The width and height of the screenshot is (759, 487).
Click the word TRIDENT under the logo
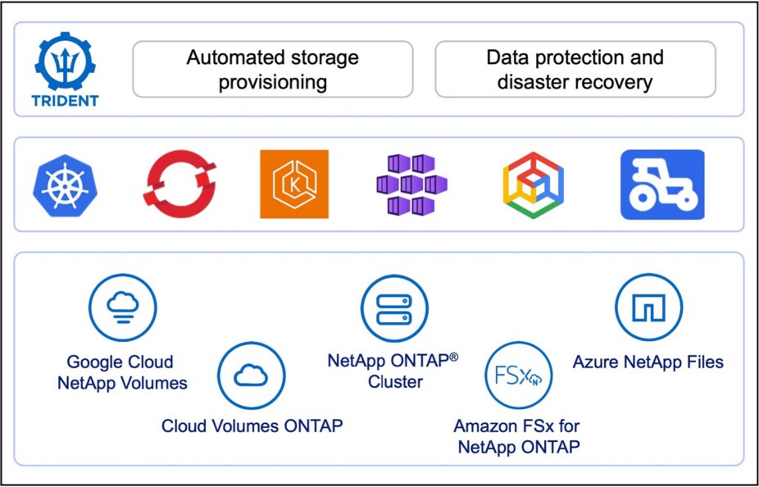point(66,101)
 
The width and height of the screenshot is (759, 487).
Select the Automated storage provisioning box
point(272,70)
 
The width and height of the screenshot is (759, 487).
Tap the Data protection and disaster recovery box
point(575,70)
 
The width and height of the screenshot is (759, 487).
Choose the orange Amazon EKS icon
point(294,184)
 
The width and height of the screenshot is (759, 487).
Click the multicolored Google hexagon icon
point(533,184)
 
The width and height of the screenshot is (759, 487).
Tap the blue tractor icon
point(662,184)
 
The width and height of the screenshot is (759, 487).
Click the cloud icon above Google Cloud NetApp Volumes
point(122,308)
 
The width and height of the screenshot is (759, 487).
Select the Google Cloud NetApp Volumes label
point(122,372)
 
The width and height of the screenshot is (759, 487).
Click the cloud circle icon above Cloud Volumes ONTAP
point(251,376)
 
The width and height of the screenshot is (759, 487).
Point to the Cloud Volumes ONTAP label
point(252,426)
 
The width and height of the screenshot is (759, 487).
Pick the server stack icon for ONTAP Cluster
point(395,308)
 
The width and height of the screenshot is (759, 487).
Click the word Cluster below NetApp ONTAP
point(395,382)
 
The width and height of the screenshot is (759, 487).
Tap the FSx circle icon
point(518,376)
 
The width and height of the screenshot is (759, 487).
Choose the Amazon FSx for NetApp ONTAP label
point(518,437)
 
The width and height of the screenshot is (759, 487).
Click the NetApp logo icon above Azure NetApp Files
point(649,308)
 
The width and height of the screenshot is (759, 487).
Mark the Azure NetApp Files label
point(648,362)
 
